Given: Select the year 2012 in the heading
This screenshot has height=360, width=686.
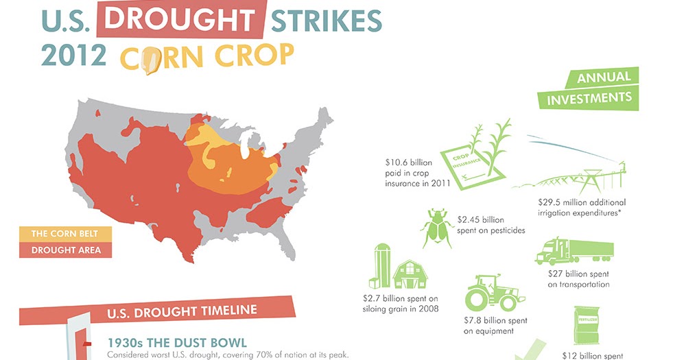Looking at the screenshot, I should click(73, 55).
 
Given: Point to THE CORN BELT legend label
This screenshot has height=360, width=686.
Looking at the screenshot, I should click(59, 234).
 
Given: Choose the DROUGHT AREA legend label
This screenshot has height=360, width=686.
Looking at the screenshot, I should click(60, 250).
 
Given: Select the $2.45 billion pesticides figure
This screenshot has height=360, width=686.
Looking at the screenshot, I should click(490, 226).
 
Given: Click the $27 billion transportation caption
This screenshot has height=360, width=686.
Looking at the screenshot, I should click(578, 278).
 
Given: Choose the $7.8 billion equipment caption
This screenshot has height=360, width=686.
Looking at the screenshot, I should click(495, 326).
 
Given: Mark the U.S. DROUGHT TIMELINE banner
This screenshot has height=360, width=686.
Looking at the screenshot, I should click(182, 311).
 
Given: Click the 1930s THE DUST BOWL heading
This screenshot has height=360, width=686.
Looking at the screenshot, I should click(177, 341).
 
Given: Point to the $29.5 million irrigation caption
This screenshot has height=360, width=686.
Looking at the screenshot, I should click(582, 208).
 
